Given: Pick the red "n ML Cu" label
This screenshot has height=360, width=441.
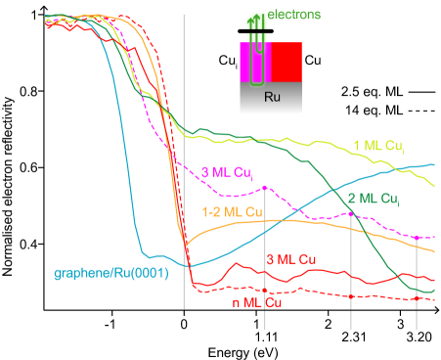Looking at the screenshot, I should (x=257, y=302).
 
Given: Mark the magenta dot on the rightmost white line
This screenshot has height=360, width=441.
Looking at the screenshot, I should (x=418, y=238).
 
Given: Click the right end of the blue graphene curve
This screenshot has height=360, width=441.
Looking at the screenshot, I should (x=435, y=164).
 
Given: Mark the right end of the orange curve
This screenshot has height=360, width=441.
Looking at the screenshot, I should (x=435, y=251).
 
